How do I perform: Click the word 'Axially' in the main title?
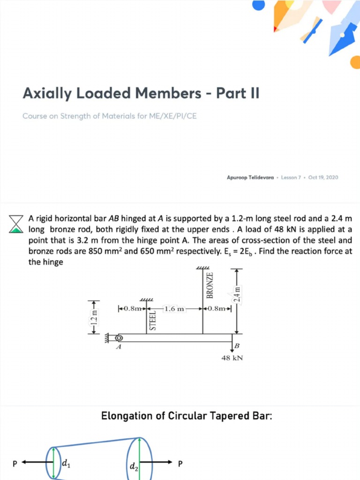46,93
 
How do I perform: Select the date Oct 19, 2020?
323,178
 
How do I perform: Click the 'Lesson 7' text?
291,178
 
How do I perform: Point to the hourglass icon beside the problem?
16,224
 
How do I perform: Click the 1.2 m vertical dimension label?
95,317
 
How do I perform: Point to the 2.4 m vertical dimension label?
237,295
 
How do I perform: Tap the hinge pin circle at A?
119,337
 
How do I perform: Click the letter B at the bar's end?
237,346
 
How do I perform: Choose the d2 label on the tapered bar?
134,467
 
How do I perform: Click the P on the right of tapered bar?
180,464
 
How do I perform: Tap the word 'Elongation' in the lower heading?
127,416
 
